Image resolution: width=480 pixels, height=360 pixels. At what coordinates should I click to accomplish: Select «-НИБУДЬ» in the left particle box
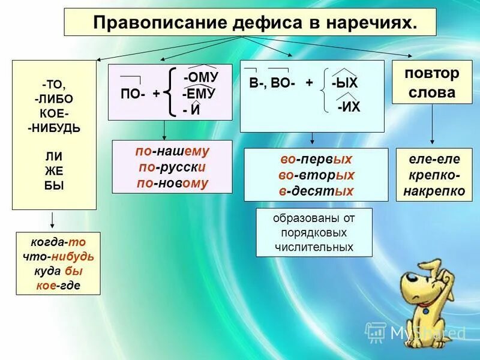pyautogui.click(x=53, y=128)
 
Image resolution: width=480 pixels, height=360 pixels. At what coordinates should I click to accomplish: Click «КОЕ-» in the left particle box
pyautogui.click(x=53, y=113)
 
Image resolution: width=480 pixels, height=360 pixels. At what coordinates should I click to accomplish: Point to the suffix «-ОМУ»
pyautogui.click(x=200, y=78)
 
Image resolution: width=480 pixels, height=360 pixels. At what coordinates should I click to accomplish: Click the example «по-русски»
pyautogui.click(x=172, y=168)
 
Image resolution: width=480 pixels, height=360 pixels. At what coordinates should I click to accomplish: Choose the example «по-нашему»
pyautogui.click(x=172, y=153)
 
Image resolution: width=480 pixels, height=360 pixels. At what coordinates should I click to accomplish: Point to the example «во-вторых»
pyautogui.click(x=316, y=175)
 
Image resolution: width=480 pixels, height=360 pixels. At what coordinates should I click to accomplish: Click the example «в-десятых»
pyautogui.click(x=316, y=191)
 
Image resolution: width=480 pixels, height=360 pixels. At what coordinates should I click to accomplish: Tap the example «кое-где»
pyautogui.click(x=58, y=285)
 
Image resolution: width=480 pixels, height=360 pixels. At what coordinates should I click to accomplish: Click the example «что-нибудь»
pyautogui.click(x=58, y=256)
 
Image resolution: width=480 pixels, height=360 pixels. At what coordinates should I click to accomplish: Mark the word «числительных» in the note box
pyautogui.click(x=314, y=247)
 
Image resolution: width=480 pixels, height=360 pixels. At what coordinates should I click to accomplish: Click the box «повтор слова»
pyautogui.click(x=430, y=83)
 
